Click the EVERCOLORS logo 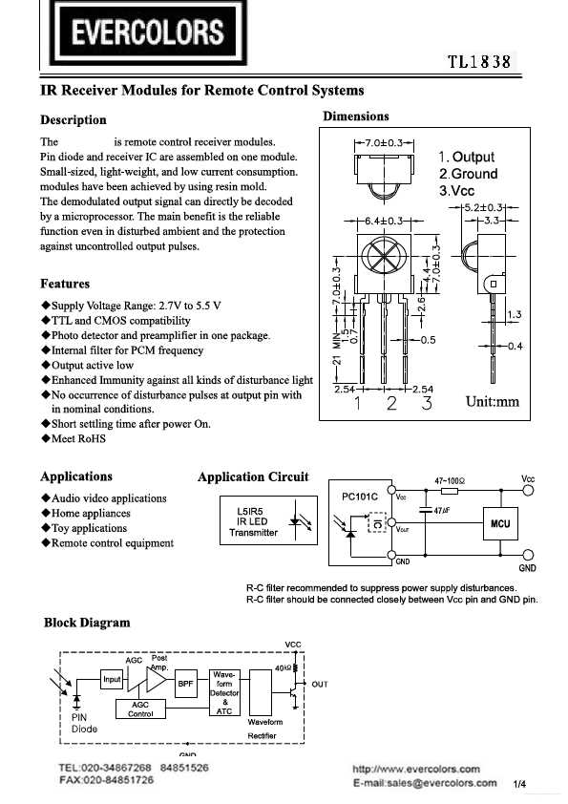tap(150, 35)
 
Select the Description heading tap(74, 120)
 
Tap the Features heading tap(65, 284)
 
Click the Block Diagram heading tap(87, 623)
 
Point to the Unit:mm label tap(492, 401)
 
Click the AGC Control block tap(140, 709)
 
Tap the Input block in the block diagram tap(113, 679)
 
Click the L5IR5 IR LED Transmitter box tap(254, 520)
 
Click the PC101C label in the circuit tap(361, 497)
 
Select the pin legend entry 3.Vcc tap(456, 191)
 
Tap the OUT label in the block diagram tap(319, 684)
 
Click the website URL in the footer tap(416, 768)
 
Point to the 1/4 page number tap(520, 784)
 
